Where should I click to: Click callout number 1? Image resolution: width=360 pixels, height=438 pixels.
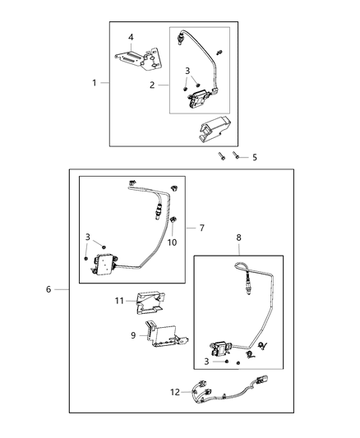(x=94, y=83)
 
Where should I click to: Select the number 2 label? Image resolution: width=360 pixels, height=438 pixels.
(x=151, y=85)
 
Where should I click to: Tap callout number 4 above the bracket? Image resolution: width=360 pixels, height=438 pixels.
(x=130, y=37)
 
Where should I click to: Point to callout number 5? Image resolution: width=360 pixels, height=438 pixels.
(x=254, y=157)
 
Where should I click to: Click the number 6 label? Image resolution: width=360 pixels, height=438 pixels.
(x=49, y=289)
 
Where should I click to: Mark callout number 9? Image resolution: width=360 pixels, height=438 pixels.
(x=133, y=335)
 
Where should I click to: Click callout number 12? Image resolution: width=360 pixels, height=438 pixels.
(x=173, y=392)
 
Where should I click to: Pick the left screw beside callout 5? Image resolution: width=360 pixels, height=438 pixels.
(x=222, y=154)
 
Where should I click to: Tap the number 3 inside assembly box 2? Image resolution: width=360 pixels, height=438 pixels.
(x=187, y=71)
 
